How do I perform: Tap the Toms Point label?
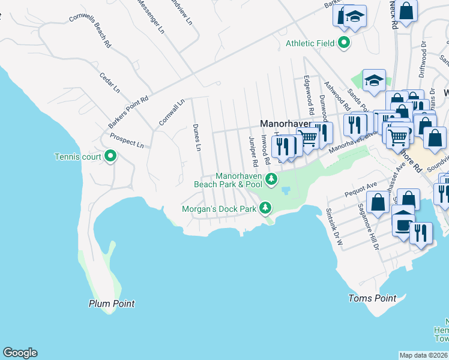coord(372,298)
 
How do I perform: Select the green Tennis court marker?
coord(110,157)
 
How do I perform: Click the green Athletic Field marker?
coord(344,43)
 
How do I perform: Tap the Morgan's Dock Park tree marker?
coord(265,209)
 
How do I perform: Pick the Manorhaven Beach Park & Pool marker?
coord(271,179)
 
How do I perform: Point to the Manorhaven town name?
coord(285,123)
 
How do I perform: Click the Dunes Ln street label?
coord(196,137)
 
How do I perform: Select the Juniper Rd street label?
coord(253,151)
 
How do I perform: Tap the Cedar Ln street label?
coord(110,83)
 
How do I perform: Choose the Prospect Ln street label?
coord(127,140)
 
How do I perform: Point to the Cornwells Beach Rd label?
coord(90,31)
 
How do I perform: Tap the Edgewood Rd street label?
coord(309,95)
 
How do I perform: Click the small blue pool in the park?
coord(286,191)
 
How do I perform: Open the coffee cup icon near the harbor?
coord(403,223)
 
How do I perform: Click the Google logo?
coord(20,353)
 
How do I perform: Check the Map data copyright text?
coord(424,355)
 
